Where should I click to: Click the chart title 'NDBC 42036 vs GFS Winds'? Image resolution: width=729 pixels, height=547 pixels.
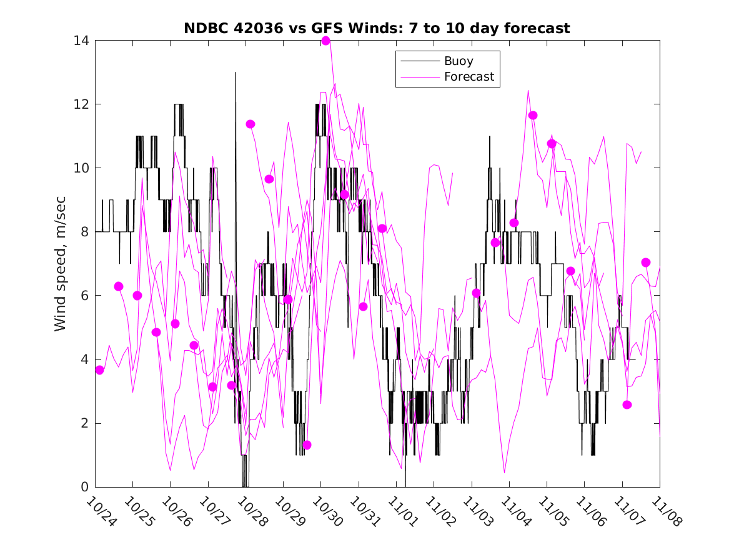[377, 28]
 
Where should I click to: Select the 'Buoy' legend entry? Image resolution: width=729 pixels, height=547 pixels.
[459, 61]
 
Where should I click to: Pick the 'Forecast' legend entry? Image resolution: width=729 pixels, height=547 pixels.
[469, 77]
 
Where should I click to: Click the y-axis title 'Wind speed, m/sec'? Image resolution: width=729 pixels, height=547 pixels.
[60, 263]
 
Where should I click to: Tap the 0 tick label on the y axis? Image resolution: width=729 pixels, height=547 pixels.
[83, 487]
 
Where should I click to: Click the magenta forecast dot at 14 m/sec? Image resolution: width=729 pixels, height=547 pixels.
[325, 41]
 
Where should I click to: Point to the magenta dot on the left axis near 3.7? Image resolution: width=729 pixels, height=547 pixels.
[99, 370]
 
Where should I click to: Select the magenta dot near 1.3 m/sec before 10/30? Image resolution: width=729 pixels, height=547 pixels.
[307, 445]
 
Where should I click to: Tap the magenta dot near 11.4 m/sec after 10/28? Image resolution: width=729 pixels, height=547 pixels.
[250, 124]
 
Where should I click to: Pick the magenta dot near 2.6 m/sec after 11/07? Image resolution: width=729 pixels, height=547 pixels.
[627, 404]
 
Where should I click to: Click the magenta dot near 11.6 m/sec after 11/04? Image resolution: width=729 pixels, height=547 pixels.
[533, 115]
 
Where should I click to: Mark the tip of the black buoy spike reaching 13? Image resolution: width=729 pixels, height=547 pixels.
[236, 73]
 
